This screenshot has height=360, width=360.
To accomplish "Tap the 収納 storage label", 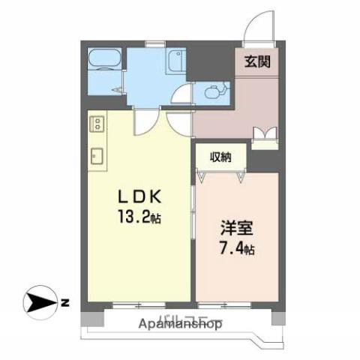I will [x=219, y=157].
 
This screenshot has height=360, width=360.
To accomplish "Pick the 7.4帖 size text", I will [x=235, y=248].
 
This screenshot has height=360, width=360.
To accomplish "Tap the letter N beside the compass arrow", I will [x=65, y=303].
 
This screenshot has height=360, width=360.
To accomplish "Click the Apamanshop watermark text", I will [x=180, y=324].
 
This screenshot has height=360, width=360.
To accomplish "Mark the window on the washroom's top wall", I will [x=156, y=44].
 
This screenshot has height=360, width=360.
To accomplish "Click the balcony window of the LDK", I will [x=139, y=305].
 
